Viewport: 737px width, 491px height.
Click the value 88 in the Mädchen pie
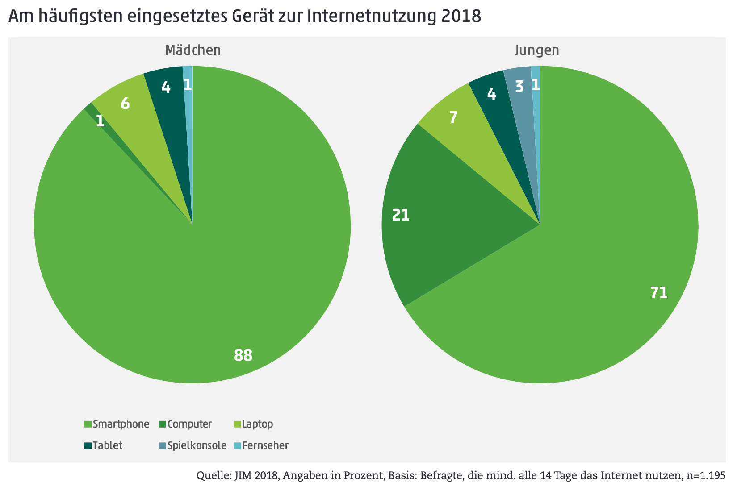tap(243, 355)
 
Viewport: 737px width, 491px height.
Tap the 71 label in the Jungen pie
tap(659, 293)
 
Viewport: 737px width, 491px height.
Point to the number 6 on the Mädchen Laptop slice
tap(125, 104)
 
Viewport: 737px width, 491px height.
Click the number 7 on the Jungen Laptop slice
tap(453, 117)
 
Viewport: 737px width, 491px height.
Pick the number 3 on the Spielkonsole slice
tap(519, 87)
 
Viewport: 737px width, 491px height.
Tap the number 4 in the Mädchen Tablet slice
tap(166, 87)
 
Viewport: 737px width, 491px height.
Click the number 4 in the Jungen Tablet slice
tap(491, 94)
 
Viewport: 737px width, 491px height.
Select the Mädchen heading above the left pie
tap(193, 50)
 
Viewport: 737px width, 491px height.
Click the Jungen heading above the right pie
tap(536, 50)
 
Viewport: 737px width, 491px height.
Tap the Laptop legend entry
tap(257, 424)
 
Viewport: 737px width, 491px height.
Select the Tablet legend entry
tap(107, 445)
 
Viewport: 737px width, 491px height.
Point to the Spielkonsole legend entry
tap(197, 445)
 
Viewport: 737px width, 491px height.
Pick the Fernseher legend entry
tap(265, 445)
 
